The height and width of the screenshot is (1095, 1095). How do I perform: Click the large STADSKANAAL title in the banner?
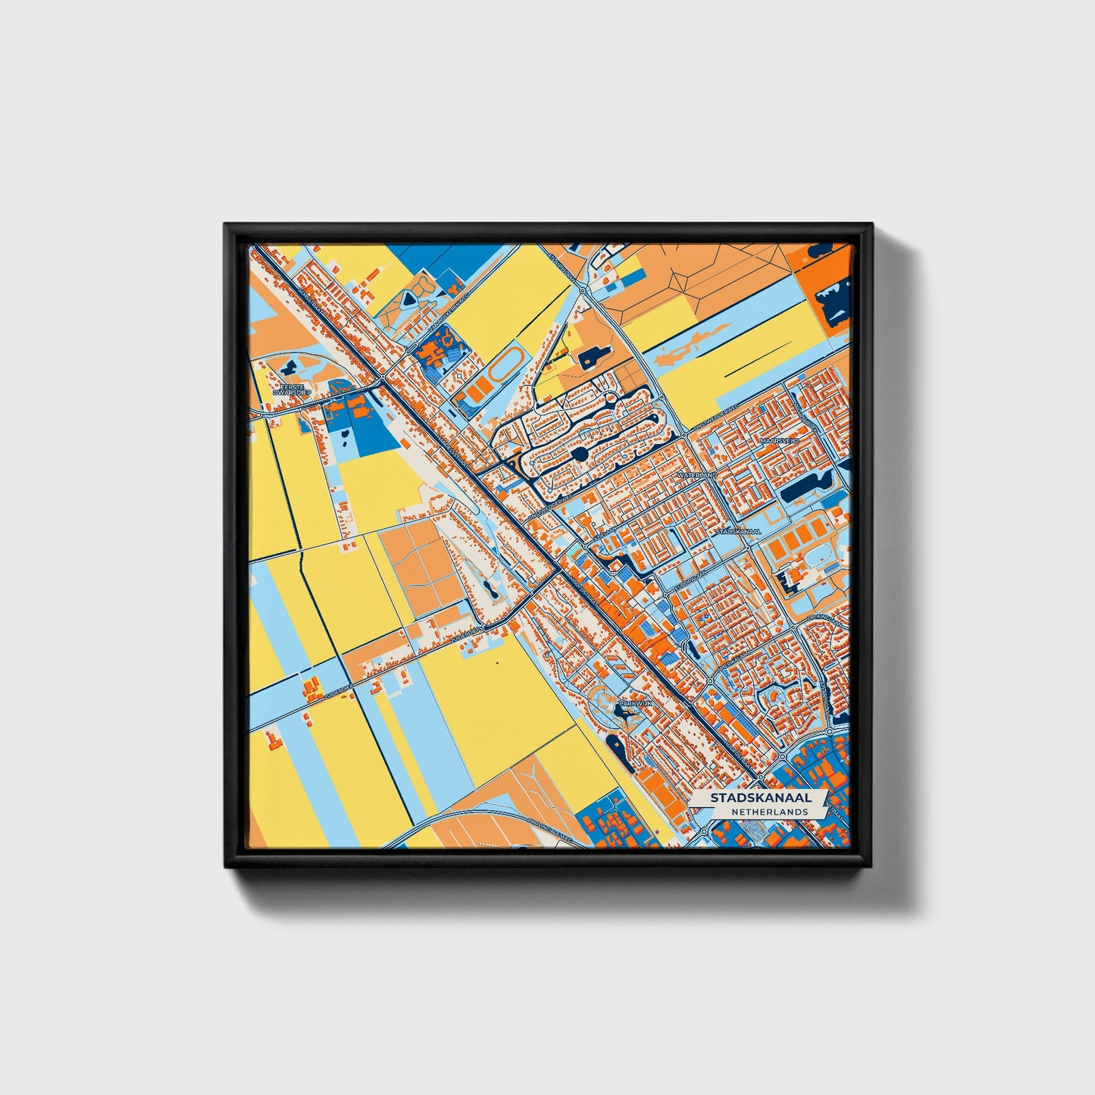coord(760,798)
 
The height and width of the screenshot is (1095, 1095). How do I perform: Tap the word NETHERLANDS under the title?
coord(769,812)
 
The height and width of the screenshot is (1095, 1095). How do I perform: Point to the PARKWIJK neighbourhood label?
coord(634,703)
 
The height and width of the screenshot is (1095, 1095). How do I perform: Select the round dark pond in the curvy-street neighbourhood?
coord(580,454)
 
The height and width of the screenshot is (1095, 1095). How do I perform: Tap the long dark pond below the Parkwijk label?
coord(616,747)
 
